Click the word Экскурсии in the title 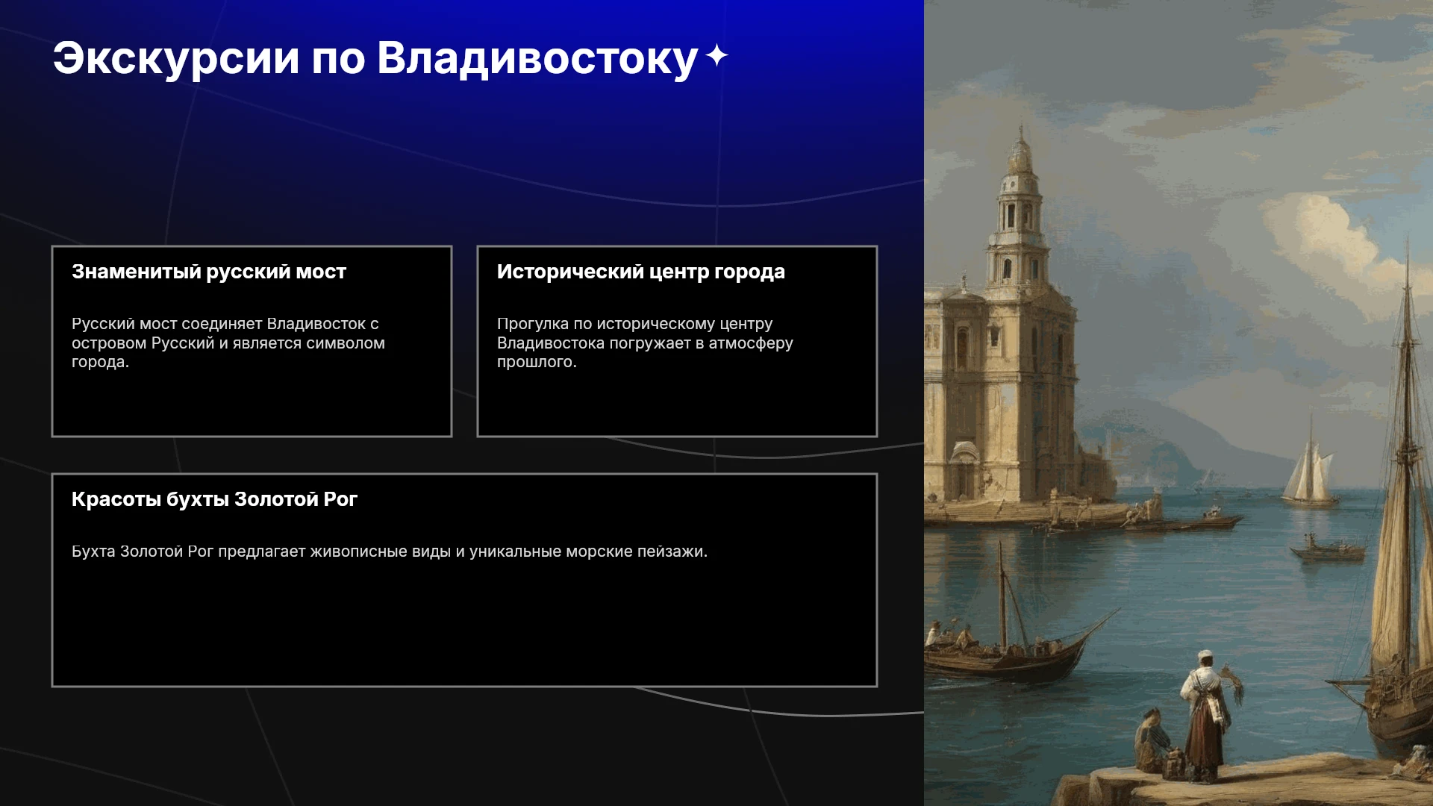(176, 58)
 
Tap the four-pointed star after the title (716, 56)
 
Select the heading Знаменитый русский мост (209, 272)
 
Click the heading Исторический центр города (641, 272)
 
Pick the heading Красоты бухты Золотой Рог (214, 499)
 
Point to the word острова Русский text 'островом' (110, 343)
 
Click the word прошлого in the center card (537, 363)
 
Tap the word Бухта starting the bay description (93, 552)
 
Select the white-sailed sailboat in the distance (1310, 470)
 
